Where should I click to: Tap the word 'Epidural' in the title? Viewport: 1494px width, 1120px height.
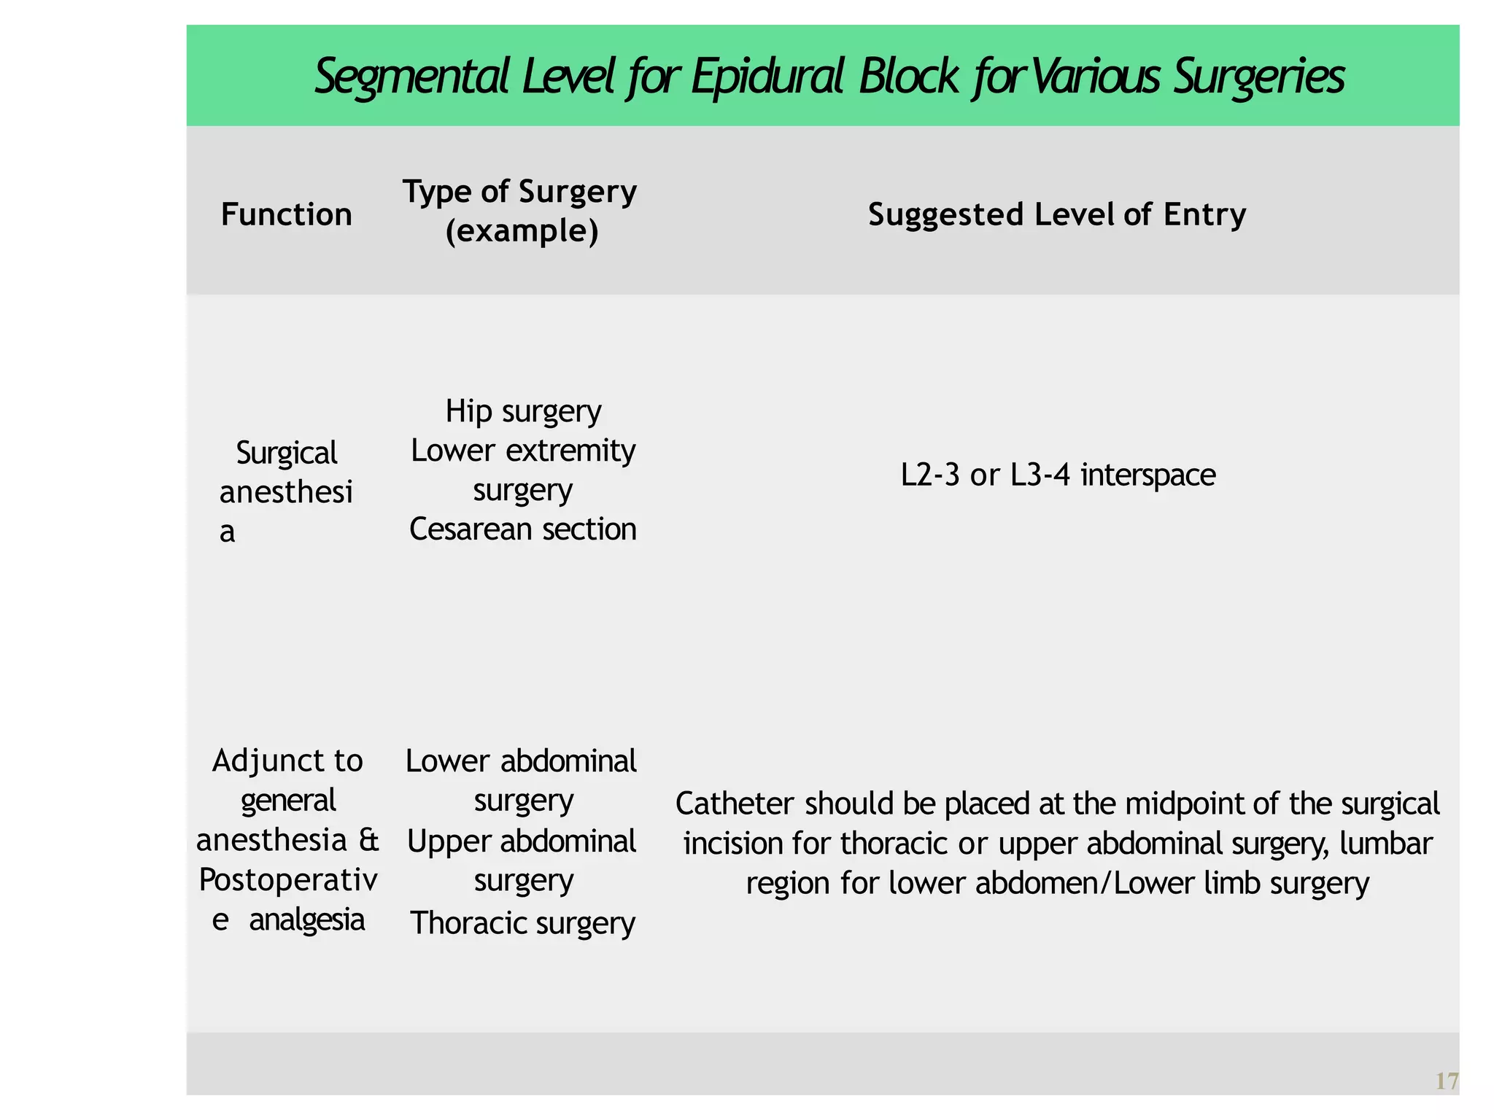point(767,77)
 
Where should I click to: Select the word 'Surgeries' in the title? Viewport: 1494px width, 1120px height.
point(1259,77)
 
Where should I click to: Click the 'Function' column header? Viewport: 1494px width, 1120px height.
point(287,214)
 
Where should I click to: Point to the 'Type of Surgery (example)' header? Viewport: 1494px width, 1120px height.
point(520,211)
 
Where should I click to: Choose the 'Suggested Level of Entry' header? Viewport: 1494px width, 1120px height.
point(1057,214)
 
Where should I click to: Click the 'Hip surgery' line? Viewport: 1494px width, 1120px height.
point(523,411)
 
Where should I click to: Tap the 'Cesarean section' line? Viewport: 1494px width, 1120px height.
point(523,529)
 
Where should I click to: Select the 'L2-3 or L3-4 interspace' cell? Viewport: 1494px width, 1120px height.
point(1058,475)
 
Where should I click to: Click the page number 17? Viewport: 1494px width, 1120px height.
point(1447,1081)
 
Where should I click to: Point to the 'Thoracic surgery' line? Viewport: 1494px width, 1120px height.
point(523,923)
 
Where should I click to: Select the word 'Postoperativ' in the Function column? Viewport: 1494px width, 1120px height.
point(288,881)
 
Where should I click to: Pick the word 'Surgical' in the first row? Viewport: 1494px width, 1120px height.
point(287,453)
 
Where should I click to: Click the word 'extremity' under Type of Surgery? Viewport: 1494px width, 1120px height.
point(568,451)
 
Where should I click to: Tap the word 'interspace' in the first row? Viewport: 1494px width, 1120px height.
point(1148,475)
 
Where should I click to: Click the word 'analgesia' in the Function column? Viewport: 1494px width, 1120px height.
point(307,920)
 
